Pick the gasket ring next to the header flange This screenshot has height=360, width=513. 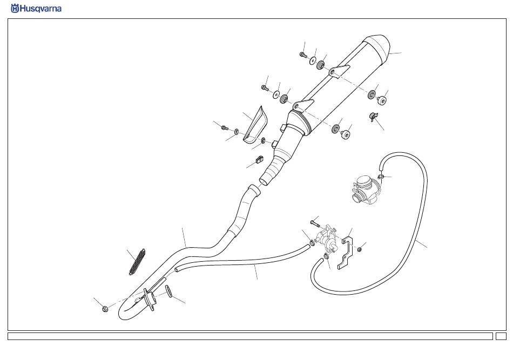[168, 291]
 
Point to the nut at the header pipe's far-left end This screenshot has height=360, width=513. [105, 309]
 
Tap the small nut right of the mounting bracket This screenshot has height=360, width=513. [359, 249]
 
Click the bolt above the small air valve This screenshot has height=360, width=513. [315, 222]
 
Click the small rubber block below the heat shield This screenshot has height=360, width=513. [258, 160]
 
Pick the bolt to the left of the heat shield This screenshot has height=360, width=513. [225, 127]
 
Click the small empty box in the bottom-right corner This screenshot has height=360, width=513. [501, 336]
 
